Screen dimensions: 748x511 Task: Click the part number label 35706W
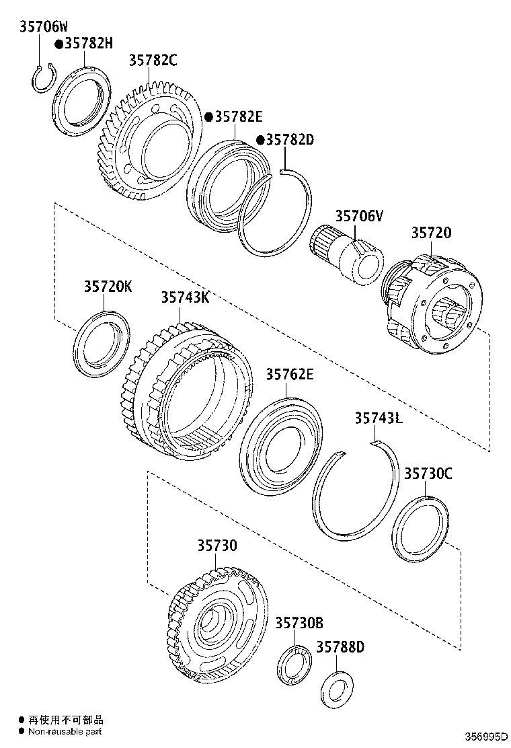point(42,27)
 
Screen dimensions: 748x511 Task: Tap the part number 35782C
point(153,61)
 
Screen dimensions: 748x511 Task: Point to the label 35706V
point(359,216)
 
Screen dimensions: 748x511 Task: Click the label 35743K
point(184,297)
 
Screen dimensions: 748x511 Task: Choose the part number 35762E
point(289,375)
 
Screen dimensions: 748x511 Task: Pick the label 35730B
point(299,623)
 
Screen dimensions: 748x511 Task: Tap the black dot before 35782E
point(208,117)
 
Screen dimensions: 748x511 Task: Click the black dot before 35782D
point(260,140)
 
